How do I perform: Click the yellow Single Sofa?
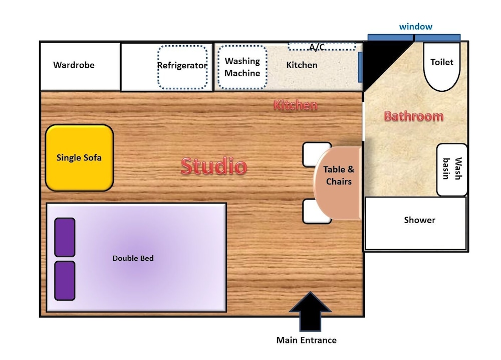click(x=80, y=158)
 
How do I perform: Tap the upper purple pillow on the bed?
click(x=65, y=237)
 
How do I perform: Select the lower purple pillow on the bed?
click(x=65, y=281)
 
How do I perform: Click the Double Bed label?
click(x=133, y=258)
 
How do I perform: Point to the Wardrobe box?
click(x=80, y=67)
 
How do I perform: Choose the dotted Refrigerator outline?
click(x=182, y=67)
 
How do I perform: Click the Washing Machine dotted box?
click(x=242, y=67)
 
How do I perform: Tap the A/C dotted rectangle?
click(x=322, y=47)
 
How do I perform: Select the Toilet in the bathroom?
click(x=442, y=67)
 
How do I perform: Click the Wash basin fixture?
click(x=452, y=169)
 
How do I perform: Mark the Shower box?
click(x=415, y=223)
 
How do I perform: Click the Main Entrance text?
click(x=307, y=340)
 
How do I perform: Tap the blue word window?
click(x=416, y=27)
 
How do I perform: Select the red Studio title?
click(x=214, y=166)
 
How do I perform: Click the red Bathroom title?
click(x=414, y=116)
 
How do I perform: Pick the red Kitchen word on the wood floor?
click(x=296, y=105)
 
